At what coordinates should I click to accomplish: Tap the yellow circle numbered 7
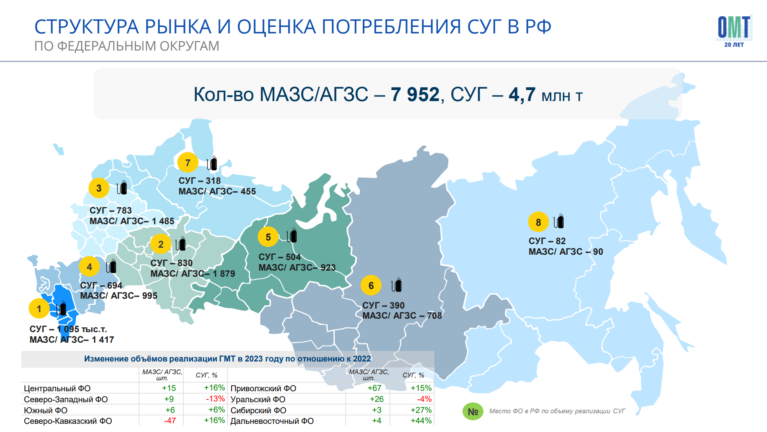[x=188, y=163]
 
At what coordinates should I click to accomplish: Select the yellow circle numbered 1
[x=39, y=309]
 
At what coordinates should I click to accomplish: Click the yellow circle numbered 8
[x=538, y=222]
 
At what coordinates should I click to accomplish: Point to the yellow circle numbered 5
[x=268, y=237]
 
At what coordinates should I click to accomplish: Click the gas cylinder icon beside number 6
[x=397, y=285]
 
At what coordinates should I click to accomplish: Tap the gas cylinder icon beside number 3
[x=122, y=187]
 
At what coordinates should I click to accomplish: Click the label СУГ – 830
[x=172, y=263]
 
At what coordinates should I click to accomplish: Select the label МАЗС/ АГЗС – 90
[x=566, y=251]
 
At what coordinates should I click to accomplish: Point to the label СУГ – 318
[x=200, y=181]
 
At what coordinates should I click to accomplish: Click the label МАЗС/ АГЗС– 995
[x=119, y=295]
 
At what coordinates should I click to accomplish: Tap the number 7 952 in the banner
[x=415, y=95]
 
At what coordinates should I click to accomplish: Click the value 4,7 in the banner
[x=522, y=95]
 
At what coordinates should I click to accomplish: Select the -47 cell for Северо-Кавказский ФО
[x=170, y=421]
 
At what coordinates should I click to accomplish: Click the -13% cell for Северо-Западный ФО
[x=215, y=399]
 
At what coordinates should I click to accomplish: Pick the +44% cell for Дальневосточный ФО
[x=421, y=421]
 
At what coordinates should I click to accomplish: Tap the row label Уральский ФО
[x=258, y=399]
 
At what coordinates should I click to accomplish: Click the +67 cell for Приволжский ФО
[x=375, y=388]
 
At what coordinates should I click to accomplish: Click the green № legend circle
[x=473, y=412]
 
